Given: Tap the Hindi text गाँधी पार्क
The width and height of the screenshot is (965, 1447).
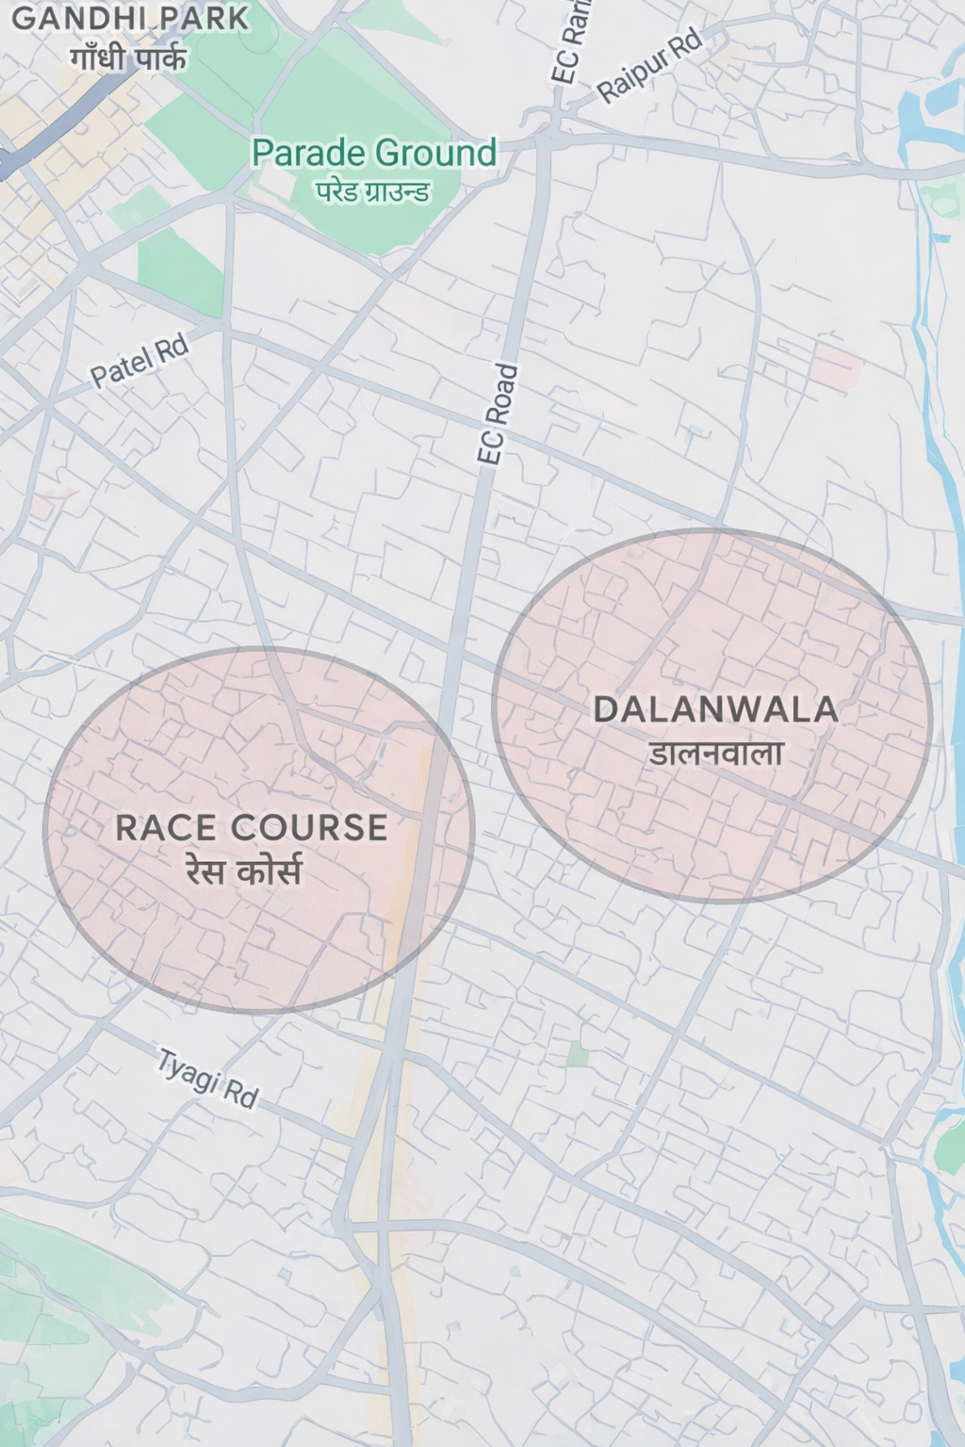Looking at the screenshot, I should click(129, 58).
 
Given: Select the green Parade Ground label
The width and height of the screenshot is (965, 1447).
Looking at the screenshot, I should click(374, 153).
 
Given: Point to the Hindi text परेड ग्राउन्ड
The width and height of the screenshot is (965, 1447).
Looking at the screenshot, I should click(373, 192).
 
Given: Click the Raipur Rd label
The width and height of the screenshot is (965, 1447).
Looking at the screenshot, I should click(650, 65).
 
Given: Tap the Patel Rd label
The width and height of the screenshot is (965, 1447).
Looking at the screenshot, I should click(139, 362).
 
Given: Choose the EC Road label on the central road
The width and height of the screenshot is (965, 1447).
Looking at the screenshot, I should click(498, 414).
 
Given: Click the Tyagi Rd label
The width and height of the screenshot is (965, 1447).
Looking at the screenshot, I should click(207, 1079).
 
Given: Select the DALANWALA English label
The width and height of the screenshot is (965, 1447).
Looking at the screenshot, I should click(715, 709).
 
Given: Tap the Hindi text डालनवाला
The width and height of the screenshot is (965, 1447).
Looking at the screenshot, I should click(716, 754).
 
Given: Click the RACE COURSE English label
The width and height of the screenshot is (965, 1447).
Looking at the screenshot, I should click(251, 827).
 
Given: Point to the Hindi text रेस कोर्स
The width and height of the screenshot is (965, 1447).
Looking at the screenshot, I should click(244, 872).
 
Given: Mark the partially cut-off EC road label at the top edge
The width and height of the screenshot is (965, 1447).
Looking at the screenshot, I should click(572, 40).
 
